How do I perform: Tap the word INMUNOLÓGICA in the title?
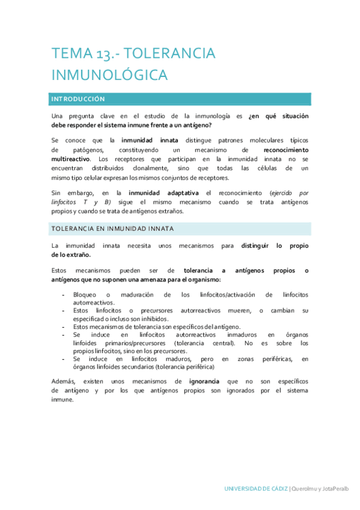(x=109, y=76)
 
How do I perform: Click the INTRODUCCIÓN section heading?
(x=78, y=99)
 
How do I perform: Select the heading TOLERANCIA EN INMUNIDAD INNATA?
(x=112, y=229)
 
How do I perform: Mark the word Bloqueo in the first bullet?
(x=85, y=295)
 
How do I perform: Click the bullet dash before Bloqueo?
(x=64, y=295)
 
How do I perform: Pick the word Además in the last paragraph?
(x=63, y=381)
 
